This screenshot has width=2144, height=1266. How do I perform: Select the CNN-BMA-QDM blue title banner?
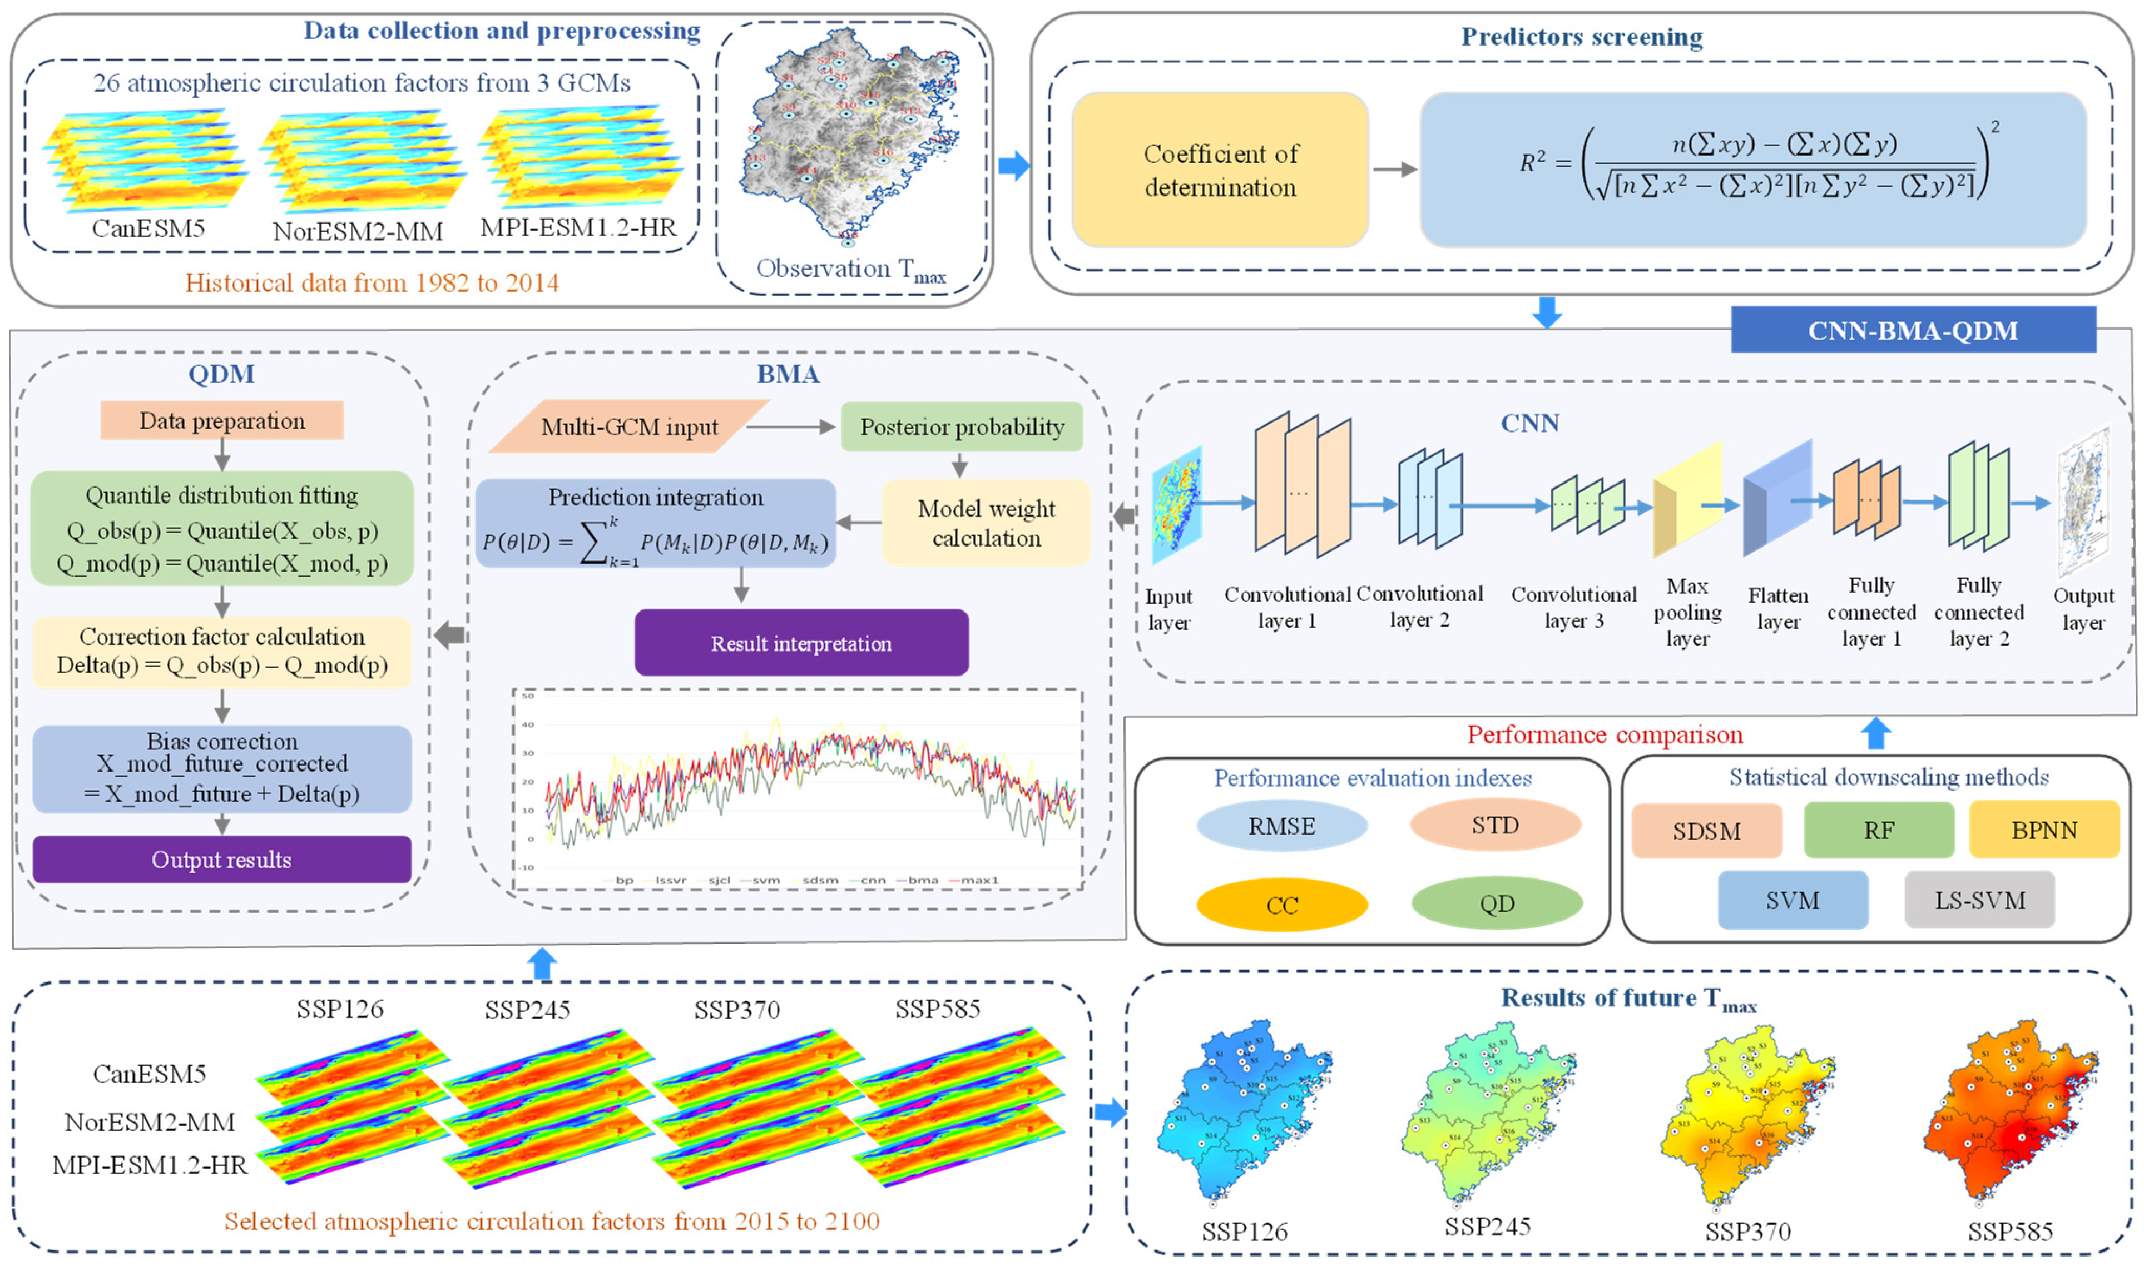1912,330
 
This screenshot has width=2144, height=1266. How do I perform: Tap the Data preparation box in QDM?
222,420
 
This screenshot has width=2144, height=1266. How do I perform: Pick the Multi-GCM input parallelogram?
629,426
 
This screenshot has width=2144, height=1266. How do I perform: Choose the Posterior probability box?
962,426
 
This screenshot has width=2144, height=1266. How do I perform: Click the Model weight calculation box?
986,523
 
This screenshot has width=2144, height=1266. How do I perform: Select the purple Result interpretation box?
801,643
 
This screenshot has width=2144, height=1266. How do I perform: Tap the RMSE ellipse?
1281,826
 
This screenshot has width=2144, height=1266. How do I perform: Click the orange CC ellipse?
1281,905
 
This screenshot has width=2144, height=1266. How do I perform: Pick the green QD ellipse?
1497,903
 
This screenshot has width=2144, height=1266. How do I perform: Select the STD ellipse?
1495,825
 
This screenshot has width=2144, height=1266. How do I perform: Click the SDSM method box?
1706,831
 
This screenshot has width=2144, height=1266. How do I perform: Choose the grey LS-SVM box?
1979,900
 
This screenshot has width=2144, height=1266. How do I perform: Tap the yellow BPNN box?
2044,830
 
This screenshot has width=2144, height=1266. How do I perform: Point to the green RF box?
1879,830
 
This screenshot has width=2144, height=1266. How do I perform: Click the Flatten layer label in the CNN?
1778,608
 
